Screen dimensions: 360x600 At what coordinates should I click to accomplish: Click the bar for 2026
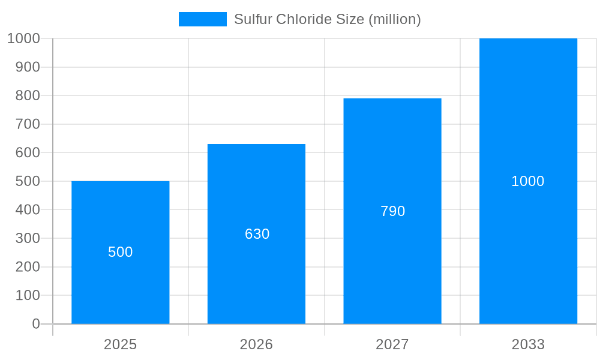(x=256, y=276)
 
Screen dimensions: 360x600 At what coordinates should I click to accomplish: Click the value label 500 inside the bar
(x=120, y=252)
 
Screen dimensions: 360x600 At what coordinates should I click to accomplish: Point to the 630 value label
(x=257, y=234)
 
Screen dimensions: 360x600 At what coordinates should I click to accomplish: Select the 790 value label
(x=392, y=211)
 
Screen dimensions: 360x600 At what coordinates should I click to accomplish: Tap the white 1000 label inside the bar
(x=527, y=181)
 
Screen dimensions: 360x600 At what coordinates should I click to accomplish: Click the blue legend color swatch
(x=202, y=19)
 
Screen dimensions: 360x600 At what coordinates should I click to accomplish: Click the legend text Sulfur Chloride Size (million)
(x=327, y=19)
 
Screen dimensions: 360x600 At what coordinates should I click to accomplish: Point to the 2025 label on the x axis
(x=120, y=344)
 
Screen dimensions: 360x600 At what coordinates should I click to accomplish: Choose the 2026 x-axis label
(x=256, y=344)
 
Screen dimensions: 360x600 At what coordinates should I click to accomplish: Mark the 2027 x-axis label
(x=392, y=344)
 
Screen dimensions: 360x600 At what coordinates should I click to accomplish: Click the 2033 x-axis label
(x=528, y=344)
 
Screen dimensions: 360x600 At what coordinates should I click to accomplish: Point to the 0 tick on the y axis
(x=35, y=324)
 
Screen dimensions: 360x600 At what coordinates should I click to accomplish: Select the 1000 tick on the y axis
(x=23, y=38)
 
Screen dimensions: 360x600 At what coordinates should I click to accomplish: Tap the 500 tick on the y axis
(x=27, y=181)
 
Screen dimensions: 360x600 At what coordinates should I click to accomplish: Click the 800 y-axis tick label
(x=27, y=95)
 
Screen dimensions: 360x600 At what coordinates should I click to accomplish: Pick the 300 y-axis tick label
(x=27, y=238)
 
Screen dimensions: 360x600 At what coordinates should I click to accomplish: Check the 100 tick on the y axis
(x=27, y=295)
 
